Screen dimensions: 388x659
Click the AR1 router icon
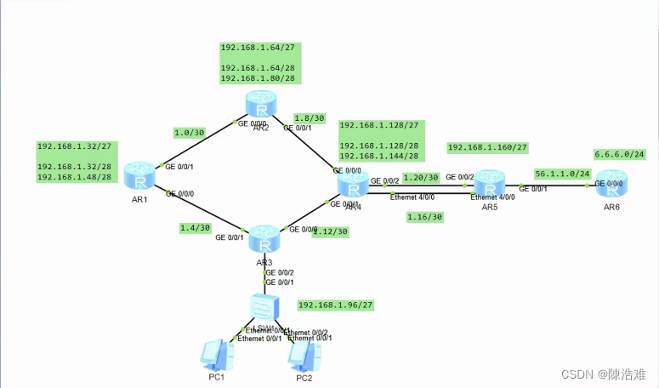coord(139,176)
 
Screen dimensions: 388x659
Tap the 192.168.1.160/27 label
coord(487,147)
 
